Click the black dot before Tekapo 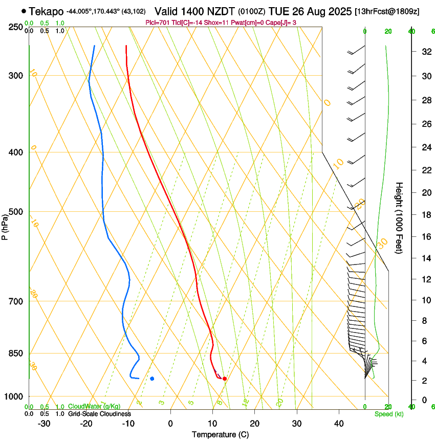[x=24, y=11]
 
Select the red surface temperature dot [x=225, y=379]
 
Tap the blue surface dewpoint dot [x=152, y=379]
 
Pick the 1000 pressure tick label [x=14, y=397]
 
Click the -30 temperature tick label [x=44, y=423]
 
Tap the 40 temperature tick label [x=339, y=423]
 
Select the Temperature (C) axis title [x=220, y=434]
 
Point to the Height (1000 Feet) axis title [x=399, y=217]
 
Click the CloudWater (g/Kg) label [x=94, y=407]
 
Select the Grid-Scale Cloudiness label [x=99, y=413]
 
